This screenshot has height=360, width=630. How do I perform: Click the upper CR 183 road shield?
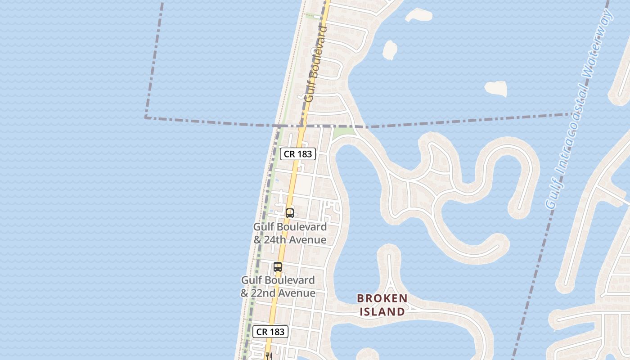298,154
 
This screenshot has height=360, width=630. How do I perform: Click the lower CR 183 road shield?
270,332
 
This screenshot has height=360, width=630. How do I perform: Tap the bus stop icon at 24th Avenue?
290,213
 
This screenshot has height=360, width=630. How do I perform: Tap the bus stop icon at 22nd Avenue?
278,266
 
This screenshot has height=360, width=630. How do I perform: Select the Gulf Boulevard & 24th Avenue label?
290,233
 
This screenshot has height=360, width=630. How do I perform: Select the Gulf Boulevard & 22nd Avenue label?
278,286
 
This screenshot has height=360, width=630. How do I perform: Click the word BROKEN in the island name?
382,298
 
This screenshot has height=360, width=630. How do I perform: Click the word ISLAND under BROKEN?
382,311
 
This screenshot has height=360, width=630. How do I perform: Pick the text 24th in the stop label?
274,239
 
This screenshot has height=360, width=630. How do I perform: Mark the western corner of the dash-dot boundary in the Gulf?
146,117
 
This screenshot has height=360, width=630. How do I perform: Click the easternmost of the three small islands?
496,88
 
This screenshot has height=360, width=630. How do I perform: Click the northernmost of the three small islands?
418,15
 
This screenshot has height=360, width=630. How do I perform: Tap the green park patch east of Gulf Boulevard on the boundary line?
344,132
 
